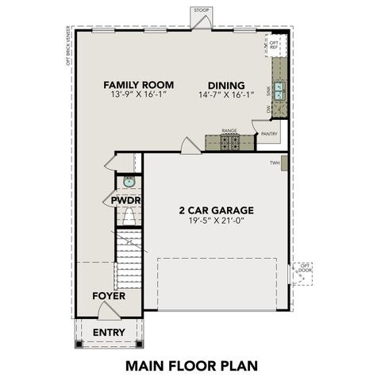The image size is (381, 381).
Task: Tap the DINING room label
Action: (226, 86)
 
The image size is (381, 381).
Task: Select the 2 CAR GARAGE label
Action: (215, 210)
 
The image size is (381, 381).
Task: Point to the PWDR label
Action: (126, 201)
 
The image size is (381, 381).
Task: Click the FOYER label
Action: (108, 296)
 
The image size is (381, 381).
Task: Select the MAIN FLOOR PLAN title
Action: (190, 366)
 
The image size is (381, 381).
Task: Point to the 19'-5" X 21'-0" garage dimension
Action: (215, 223)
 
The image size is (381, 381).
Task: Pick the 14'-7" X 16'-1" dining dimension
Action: (226, 95)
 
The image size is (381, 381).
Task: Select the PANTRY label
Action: (269, 134)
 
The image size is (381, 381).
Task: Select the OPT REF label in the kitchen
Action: (274, 44)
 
